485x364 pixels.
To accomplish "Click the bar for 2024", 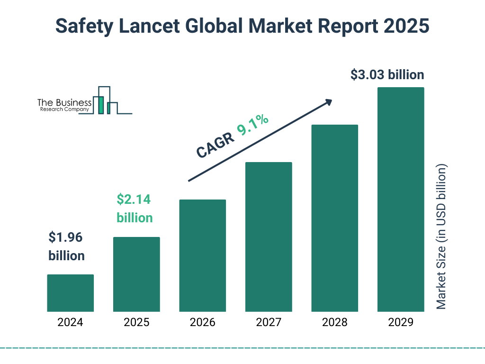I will pyautogui.click(x=70, y=293).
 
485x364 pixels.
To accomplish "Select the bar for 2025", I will pyautogui.click(x=136, y=274).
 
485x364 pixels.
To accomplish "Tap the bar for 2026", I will pyautogui.click(x=202, y=255).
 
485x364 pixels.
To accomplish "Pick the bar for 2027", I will pyautogui.click(x=269, y=237).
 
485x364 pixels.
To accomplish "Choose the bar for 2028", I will pyautogui.click(x=334, y=218).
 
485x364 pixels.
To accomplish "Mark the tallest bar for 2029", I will pyautogui.click(x=401, y=200).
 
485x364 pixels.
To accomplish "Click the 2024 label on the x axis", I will pyautogui.click(x=70, y=323).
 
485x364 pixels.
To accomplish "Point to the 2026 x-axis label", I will pyautogui.click(x=202, y=323).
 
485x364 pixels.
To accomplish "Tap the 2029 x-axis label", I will pyautogui.click(x=401, y=323).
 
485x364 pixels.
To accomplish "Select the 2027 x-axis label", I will pyautogui.click(x=269, y=323).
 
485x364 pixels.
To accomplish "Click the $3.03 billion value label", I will pyautogui.click(x=387, y=75).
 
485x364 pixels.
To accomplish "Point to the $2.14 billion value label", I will pyautogui.click(x=135, y=209).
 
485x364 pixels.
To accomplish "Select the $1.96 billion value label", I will pyautogui.click(x=67, y=246).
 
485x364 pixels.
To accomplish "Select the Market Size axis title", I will pyautogui.click(x=441, y=237).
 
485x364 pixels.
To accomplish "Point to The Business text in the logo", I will pyautogui.click(x=64, y=103).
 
